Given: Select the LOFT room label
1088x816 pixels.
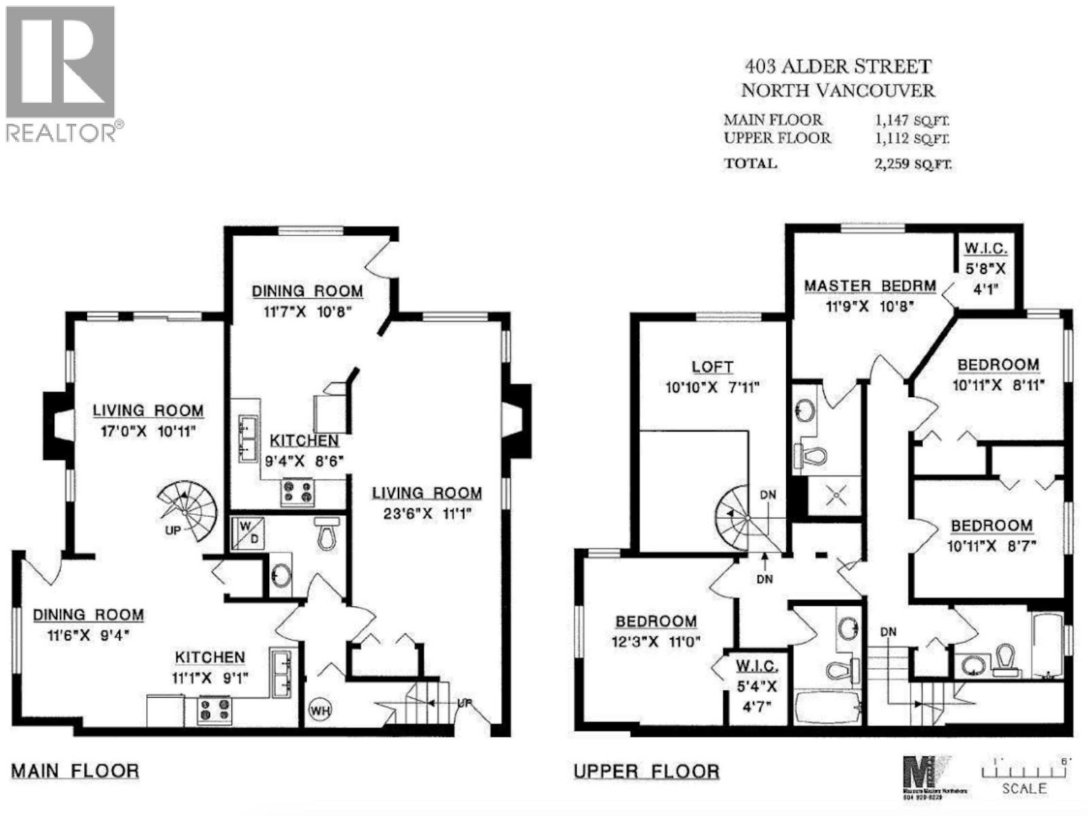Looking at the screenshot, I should [712, 367].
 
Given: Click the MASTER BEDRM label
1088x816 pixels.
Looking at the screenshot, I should [870, 286].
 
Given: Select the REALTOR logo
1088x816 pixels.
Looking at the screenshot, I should [61, 73].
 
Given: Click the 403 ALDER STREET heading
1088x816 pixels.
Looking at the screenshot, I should [837, 67].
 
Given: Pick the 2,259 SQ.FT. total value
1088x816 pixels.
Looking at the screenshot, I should [913, 164].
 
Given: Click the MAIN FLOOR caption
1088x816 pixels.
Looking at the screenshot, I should [75, 771].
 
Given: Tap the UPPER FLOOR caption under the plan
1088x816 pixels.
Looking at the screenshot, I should [647, 772].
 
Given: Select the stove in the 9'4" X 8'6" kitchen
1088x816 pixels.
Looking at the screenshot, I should [299, 493].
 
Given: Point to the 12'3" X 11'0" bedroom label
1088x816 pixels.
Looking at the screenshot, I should [656, 621].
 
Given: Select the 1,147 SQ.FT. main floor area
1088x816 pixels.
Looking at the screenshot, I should [912, 121].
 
